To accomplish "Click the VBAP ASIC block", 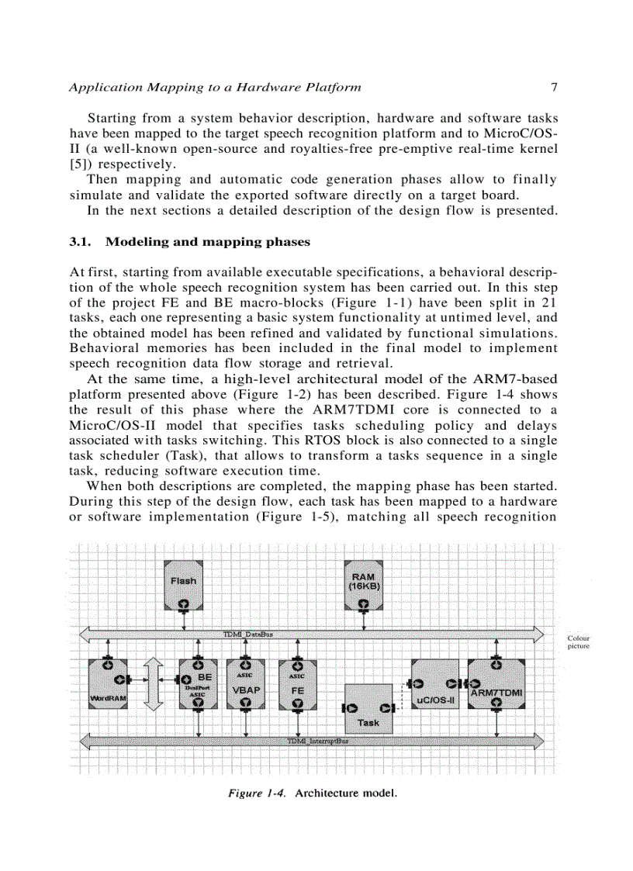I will [245, 683].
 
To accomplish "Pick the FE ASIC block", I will [296, 683].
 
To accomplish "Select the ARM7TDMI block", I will [496, 683].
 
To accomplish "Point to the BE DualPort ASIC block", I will [199, 683].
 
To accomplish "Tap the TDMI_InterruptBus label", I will [318, 741].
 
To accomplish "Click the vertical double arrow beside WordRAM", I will [154, 683].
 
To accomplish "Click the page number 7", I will [553, 87].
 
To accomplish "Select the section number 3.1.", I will [80, 242].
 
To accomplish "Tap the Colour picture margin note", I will [579, 642].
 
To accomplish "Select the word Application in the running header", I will [99, 87].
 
